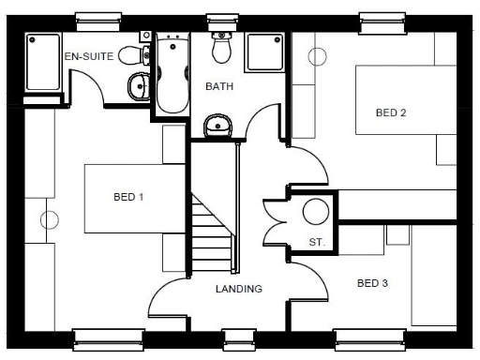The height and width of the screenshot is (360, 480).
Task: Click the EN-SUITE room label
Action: coord(88,56)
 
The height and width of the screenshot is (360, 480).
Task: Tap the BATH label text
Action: coord(218,86)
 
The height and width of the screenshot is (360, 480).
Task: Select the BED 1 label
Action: coord(127,198)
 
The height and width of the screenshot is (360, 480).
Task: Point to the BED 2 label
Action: coord(390,112)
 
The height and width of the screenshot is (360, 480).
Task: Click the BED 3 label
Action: coord(372,282)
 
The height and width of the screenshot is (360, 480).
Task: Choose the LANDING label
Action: coord(238,289)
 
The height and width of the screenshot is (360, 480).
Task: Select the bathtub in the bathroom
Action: coord(172,75)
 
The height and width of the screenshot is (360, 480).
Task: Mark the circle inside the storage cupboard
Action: coord(315,211)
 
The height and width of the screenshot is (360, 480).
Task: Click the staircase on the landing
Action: coord(211,234)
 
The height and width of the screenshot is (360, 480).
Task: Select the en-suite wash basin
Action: coord(139,87)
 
